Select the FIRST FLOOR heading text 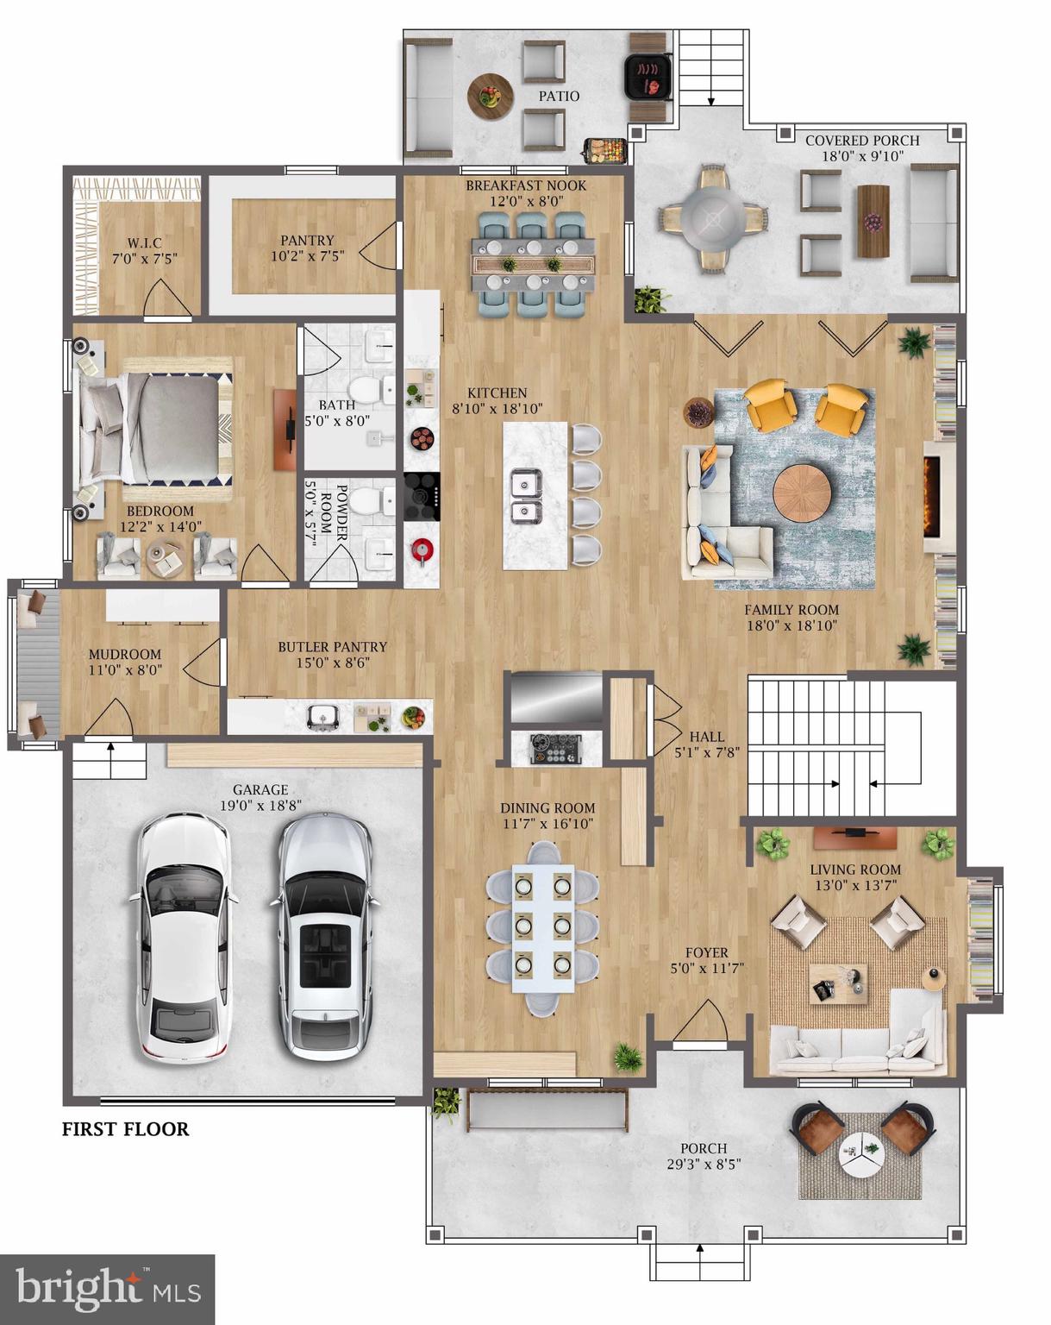(x=125, y=1128)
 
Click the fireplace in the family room (x=931, y=497)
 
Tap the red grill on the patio (x=647, y=76)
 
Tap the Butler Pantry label (x=332, y=647)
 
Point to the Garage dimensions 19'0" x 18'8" (x=260, y=806)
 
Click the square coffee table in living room (x=837, y=983)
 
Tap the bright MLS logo (x=107, y=1290)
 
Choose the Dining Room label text (x=547, y=808)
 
